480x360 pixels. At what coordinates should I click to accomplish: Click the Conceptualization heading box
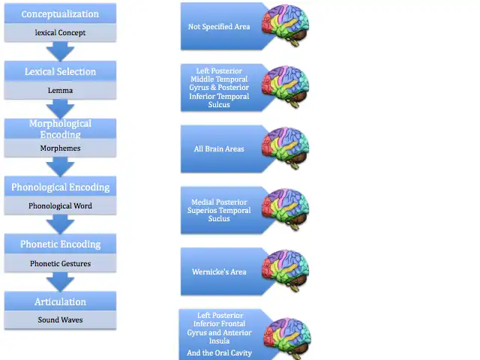click(60, 14)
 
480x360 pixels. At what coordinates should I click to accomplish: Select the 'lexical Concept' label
click(60, 32)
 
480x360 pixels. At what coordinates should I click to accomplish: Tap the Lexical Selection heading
click(60, 72)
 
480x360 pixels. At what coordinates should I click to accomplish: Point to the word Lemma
click(60, 90)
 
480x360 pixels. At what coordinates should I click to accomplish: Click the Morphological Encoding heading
click(60, 129)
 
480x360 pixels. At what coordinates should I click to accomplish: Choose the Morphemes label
click(60, 148)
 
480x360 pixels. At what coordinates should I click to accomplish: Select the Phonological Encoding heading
click(60, 187)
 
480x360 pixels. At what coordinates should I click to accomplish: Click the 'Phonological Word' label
click(60, 205)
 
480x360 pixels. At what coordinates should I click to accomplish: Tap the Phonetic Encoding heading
click(60, 244)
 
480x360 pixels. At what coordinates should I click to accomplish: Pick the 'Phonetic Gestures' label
click(60, 263)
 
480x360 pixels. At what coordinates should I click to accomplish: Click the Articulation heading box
click(60, 301)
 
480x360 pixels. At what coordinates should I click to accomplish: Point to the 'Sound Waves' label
click(60, 320)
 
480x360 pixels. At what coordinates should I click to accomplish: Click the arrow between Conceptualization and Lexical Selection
click(60, 51)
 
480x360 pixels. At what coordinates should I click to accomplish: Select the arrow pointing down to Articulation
click(60, 281)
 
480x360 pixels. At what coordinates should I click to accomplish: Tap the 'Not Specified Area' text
click(219, 26)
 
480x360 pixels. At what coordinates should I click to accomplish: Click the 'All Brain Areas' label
click(219, 148)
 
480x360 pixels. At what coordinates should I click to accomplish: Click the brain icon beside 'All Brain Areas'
click(285, 148)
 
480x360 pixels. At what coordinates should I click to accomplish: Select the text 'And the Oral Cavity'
click(220, 352)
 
